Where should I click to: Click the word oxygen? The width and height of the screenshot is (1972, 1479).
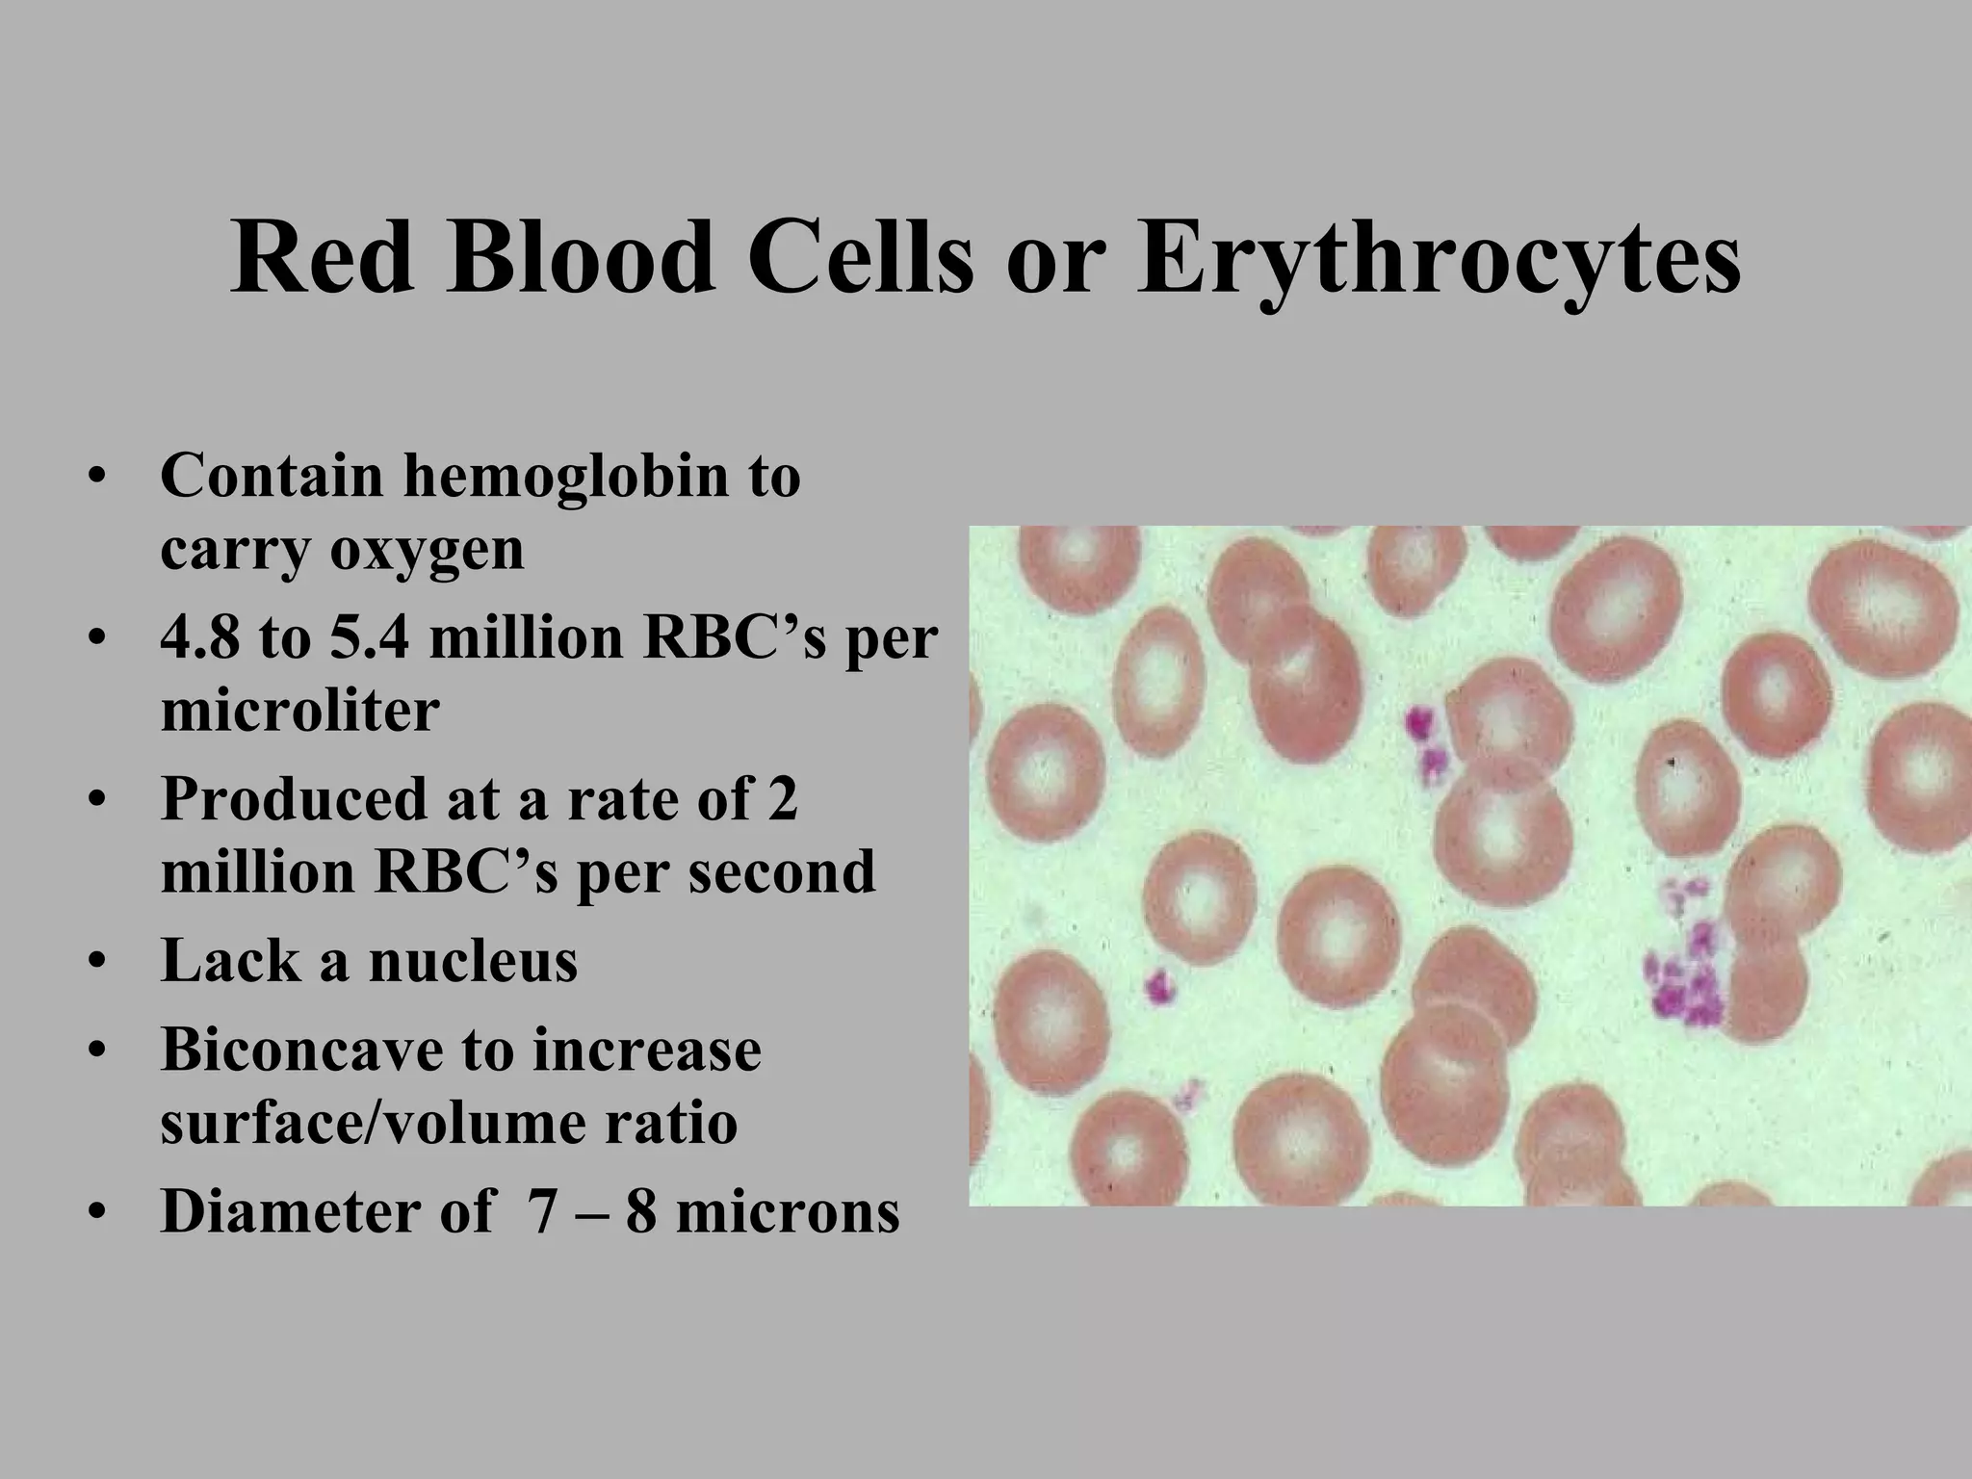point(428,551)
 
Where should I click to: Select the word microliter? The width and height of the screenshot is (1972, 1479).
point(299,712)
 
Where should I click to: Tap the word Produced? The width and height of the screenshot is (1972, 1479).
point(295,799)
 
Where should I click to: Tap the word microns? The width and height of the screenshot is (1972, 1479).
point(787,1211)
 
